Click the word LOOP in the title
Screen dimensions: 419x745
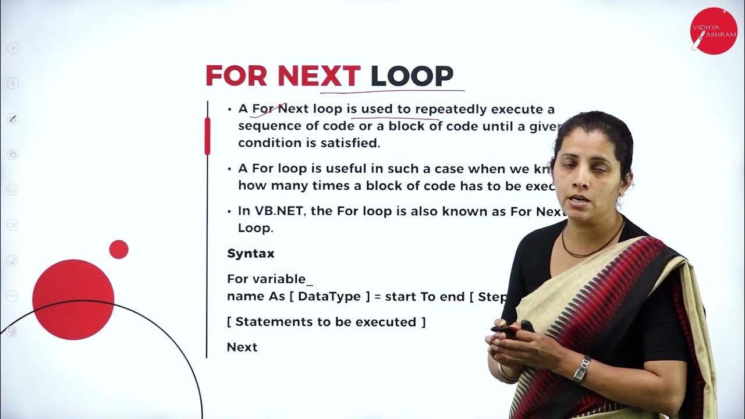[x=412, y=76]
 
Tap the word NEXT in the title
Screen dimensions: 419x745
[x=319, y=76]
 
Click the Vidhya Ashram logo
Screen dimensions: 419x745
[x=713, y=31]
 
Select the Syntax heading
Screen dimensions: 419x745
[x=250, y=254]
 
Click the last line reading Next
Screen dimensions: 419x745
[x=242, y=347]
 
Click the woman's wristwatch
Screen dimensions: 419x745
[x=581, y=369]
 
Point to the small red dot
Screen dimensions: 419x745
[x=119, y=249]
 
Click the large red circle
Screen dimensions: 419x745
[x=73, y=299]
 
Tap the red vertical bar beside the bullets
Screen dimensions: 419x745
[x=207, y=136]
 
